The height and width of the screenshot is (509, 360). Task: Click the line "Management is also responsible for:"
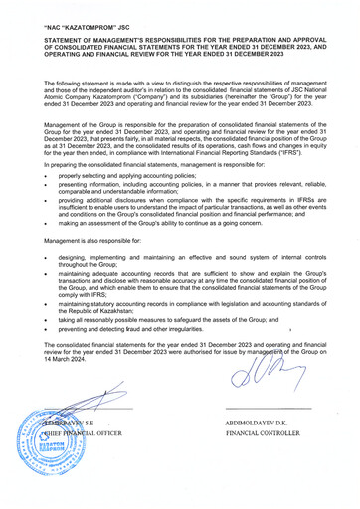(x=90, y=240)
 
